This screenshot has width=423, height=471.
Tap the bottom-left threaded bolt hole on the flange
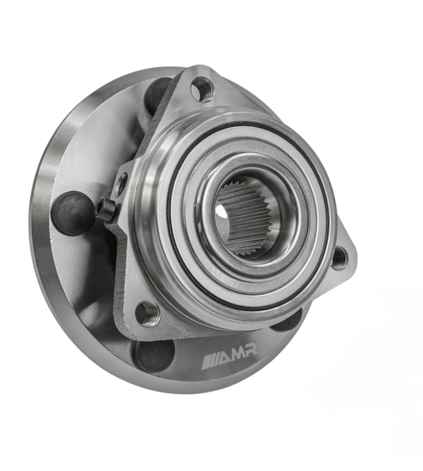click(148, 313)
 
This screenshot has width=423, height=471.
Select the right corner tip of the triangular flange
click(354, 260)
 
